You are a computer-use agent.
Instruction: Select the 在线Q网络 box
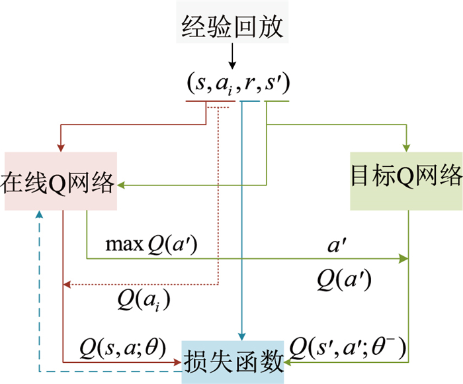tap(60, 181)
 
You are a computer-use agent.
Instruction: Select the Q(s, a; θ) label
tap(122, 346)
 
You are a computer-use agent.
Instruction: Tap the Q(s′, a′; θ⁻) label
tap(348, 346)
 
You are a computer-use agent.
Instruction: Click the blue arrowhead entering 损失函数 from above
tap(243, 336)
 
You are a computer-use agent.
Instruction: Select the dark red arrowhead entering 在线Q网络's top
tap(60, 147)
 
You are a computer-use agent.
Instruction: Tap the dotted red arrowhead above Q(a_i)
tap(66, 285)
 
